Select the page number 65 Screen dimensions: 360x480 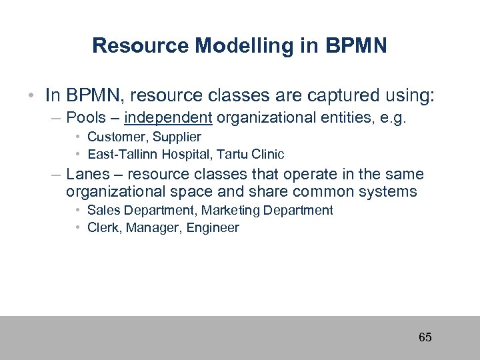425,337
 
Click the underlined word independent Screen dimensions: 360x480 168,118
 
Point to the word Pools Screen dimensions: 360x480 87,118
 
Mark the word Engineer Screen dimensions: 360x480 213,227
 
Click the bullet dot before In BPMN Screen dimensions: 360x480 32,95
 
